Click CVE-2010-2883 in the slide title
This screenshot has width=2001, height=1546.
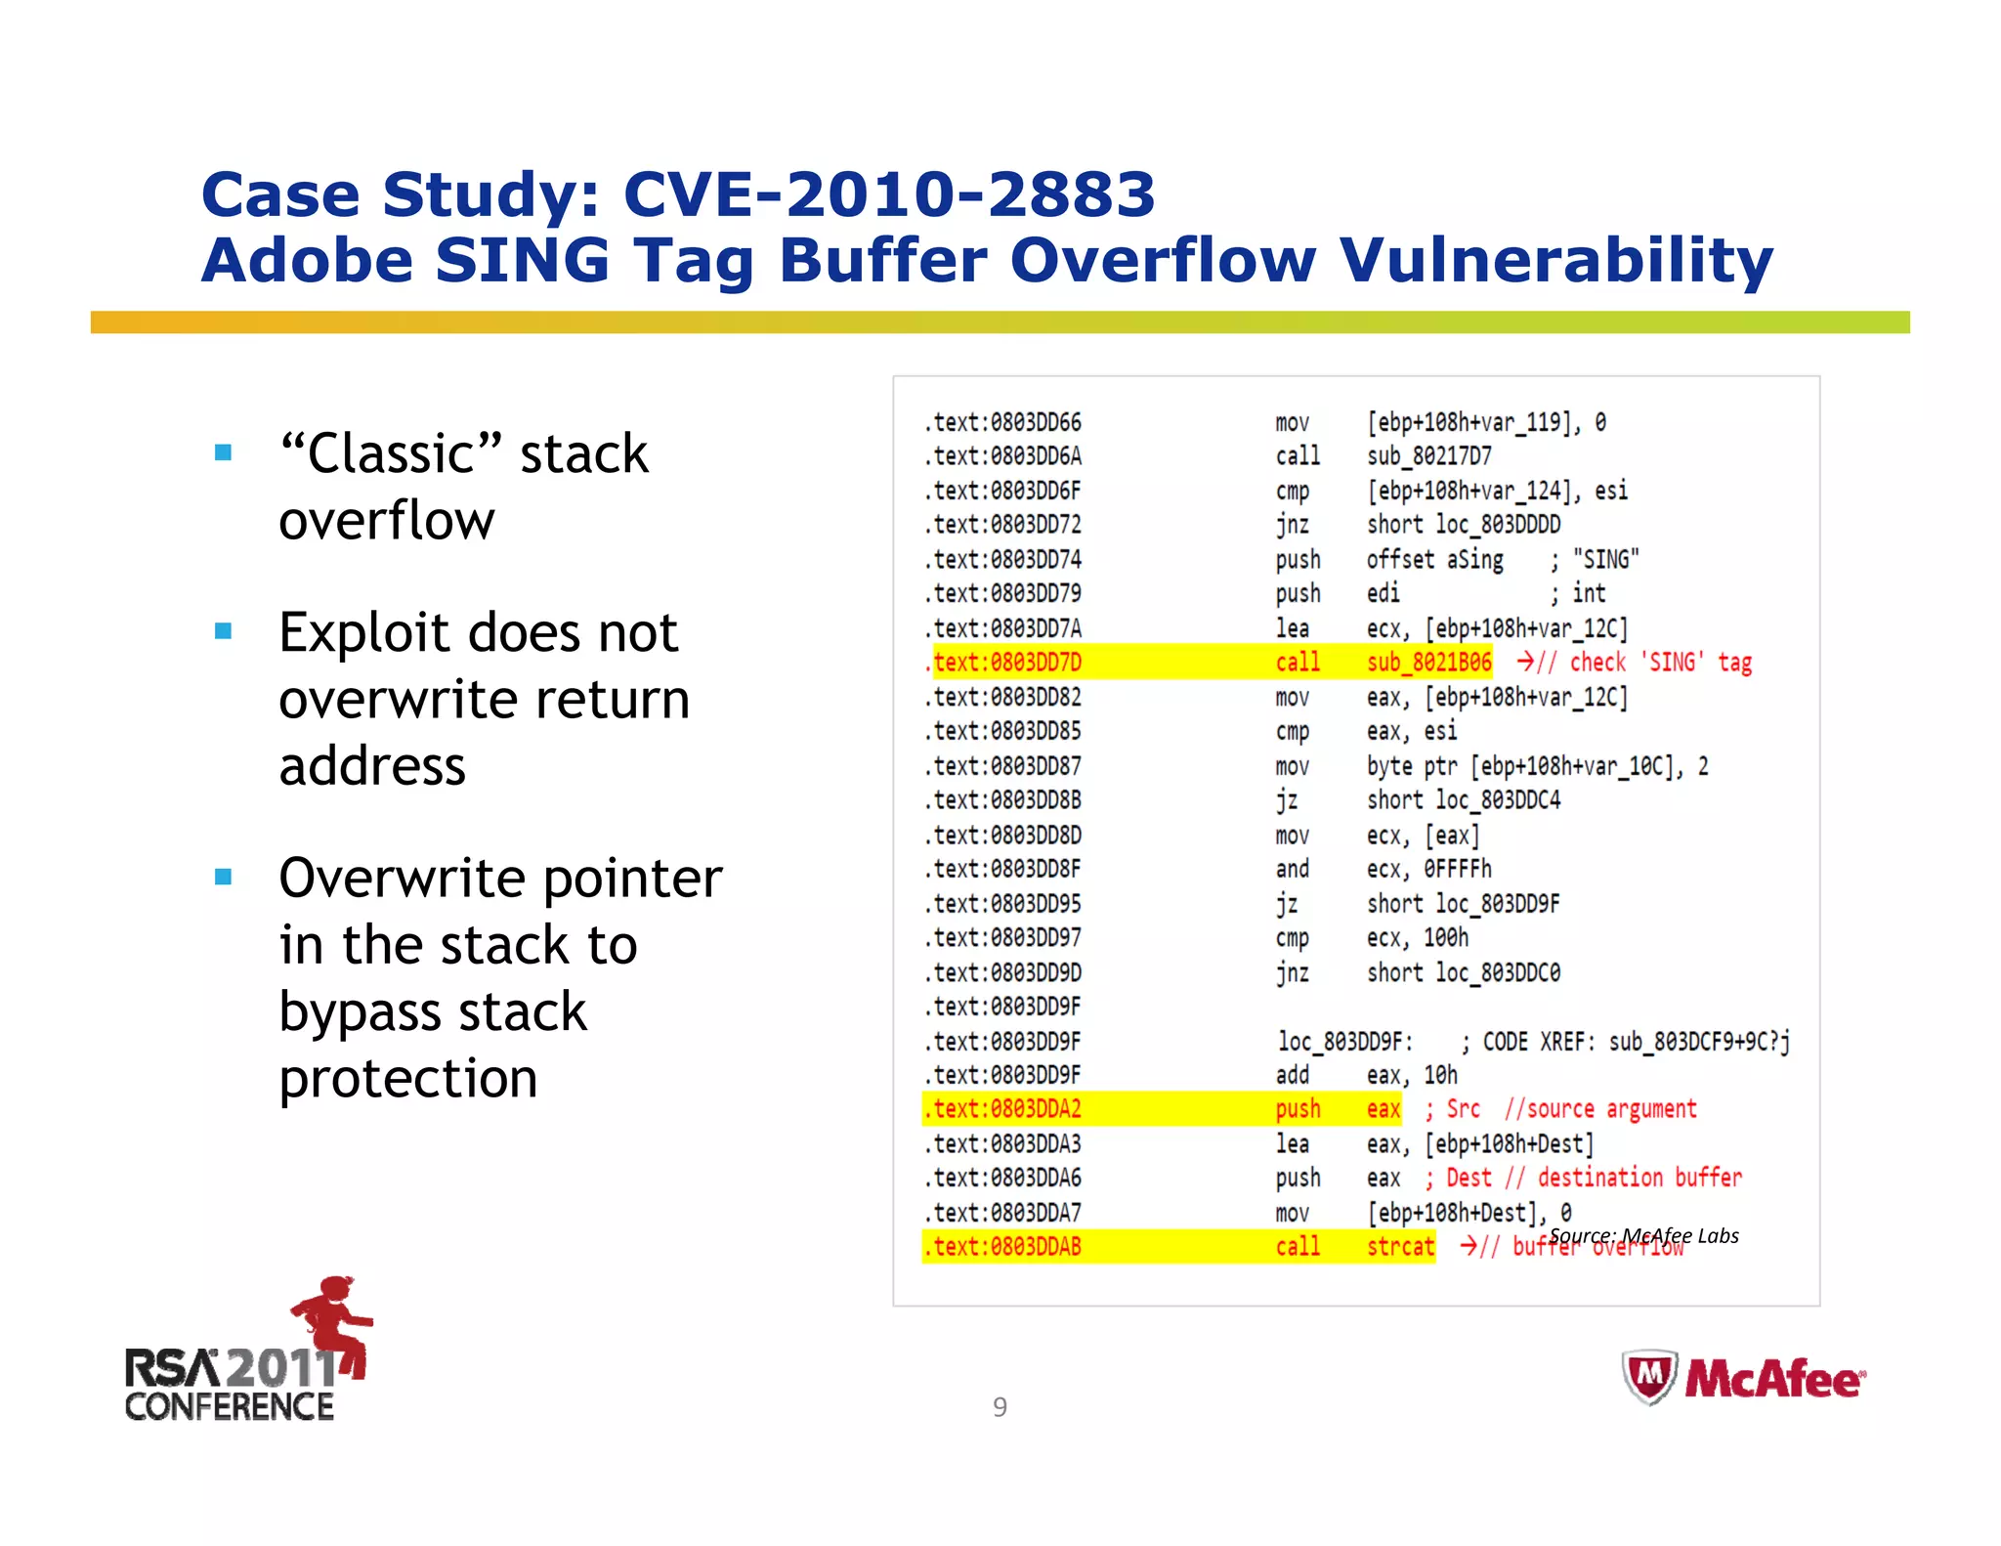[x=888, y=194]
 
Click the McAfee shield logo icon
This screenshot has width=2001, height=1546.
[x=1649, y=1376]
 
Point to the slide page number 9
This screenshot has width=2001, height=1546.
[x=1000, y=1406]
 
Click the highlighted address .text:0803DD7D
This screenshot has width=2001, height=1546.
[x=1007, y=663]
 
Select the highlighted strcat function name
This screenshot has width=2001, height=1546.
[x=1400, y=1246]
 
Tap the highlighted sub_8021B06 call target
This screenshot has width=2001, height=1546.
[x=1428, y=663]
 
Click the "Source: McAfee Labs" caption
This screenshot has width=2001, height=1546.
[x=1643, y=1235]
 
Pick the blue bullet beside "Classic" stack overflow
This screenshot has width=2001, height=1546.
[x=224, y=452]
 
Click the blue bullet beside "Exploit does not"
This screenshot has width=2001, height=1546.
[x=224, y=631]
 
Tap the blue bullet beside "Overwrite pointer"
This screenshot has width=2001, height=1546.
[x=224, y=877]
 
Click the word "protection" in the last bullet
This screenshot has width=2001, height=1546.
[x=408, y=1078]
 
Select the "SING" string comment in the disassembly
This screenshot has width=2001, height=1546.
[x=1605, y=559]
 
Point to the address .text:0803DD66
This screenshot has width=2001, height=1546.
[x=1003, y=422]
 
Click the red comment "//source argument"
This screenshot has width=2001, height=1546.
[x=1600, y=1109]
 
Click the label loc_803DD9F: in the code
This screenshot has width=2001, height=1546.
[x=1344, y=1042]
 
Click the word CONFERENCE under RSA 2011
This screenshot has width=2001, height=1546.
[x=230, y=1406]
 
